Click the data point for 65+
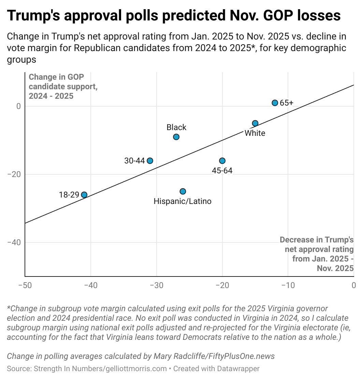(x=275, y=103)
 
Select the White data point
(x=255, y=123)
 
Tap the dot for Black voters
(x=176, y=137)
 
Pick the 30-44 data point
(x=150, y=161)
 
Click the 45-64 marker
(x=222, y=161)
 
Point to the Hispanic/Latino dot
(x=183, y=191)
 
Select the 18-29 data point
(x=84, y=195)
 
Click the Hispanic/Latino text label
(x=183, y=201)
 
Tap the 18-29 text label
(x=69, y=195)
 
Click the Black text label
(x=176, y=127)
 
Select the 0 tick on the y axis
(x=18, y=106)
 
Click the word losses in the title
(x=315, y=16)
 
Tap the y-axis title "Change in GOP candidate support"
(x=63, y=86)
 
